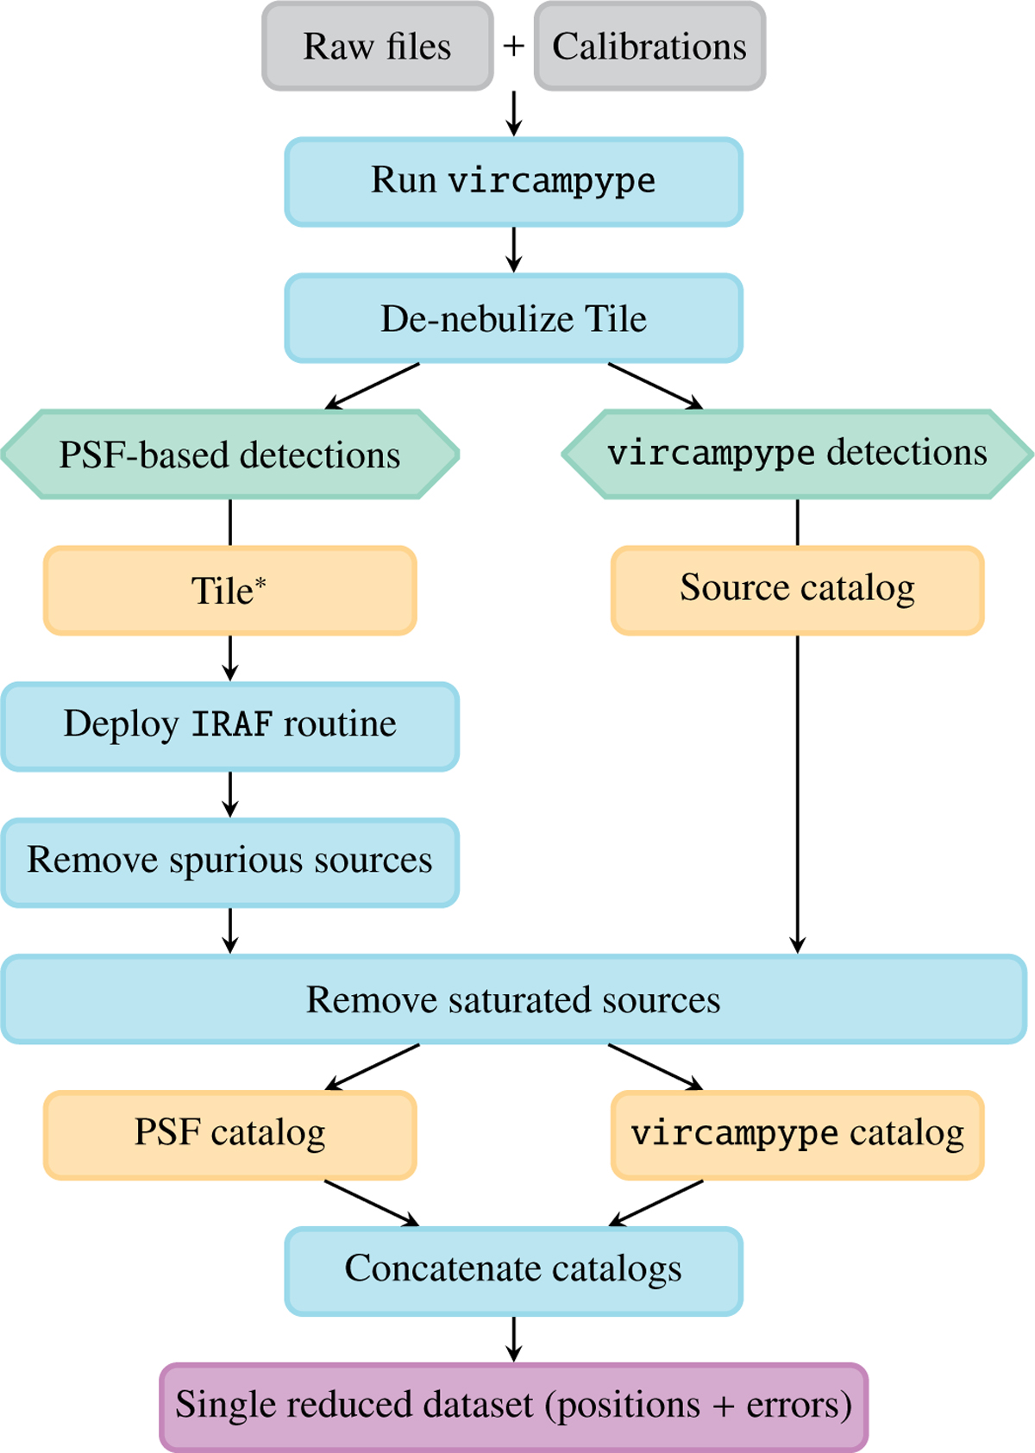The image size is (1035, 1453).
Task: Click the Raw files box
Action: click(x=378, y=47)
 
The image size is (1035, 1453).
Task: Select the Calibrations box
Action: click(x=649, y=47)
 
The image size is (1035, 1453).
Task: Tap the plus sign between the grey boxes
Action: click(x=514, y=46)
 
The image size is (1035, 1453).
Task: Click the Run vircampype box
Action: click(x=514, y=182)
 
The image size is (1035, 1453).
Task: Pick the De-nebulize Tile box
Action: click(x=514, y=318)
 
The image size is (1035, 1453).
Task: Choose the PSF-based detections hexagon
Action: click(x=230, y=454)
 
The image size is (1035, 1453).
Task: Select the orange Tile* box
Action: click(x=230, y=591)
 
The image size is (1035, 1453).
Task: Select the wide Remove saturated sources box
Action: click(x=514, y=999)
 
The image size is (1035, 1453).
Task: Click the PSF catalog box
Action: click(x=230, y=1135)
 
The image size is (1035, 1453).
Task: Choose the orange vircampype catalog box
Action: click(x=798, y=1135)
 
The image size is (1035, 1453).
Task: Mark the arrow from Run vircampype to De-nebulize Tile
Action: click(x=514, y=250)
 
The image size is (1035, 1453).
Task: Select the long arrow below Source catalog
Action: click(x=798, y=793)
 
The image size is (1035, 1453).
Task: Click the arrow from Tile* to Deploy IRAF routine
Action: click(x=230, y=659)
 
